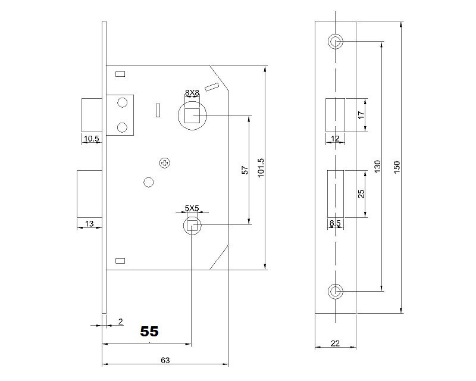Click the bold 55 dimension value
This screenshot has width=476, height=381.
tap(149, 332)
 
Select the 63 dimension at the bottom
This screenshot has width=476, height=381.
tap(165, 360)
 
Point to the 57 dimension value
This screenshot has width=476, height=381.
tap(244, 170)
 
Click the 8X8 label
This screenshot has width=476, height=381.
tap(192, 92)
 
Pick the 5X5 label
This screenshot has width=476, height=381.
tap(192, 208)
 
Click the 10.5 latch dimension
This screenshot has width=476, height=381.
tap(91, 139)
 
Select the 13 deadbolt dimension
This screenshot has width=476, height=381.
tap(89, 223)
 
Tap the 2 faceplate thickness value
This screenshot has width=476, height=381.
tap(120, 321)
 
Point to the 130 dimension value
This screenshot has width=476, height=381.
tap(377, 167)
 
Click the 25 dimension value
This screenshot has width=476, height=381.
tap(361, 194)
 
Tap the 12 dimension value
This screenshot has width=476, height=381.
tap(334, 139)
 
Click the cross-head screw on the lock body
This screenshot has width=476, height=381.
tap(165, 163)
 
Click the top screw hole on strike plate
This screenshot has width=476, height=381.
tap(335, 42)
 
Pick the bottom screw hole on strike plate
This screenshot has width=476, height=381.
tap(335, 291)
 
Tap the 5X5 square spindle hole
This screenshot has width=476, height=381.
tap(192, 225)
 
